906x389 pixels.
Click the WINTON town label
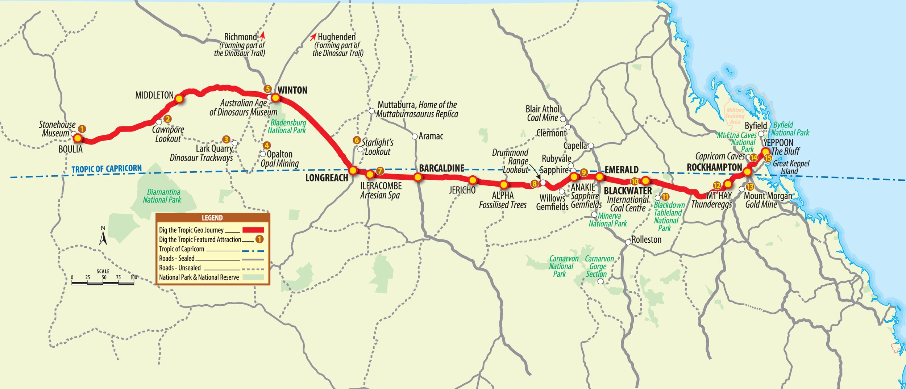tap(292, 90)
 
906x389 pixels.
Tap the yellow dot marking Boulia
tap(78, 138)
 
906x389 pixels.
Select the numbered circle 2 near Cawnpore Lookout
tap(167, 119)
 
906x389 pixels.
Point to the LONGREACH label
tap(326, 178)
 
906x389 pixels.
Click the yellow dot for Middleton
tap(179, 99)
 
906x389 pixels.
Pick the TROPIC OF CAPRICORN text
tap(107, 169)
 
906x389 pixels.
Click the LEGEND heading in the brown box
tap(212, 218)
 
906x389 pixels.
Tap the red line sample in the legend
tap(253, 230)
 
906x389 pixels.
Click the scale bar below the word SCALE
tap(103, 283)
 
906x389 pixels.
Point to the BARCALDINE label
tap(441, 168)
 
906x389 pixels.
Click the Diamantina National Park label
tap(163, 196)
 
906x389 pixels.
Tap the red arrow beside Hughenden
tap(313, 37)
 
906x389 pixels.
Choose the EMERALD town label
tap(621, 170)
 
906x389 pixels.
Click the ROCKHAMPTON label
tap(714, 167)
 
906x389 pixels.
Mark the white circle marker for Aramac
tap(415, 137)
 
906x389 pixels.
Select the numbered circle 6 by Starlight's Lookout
tap(357, 140)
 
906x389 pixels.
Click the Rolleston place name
tap(646, 239)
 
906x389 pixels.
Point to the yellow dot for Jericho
tap(473, 180)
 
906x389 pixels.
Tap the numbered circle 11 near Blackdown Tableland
tap(665, 197)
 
